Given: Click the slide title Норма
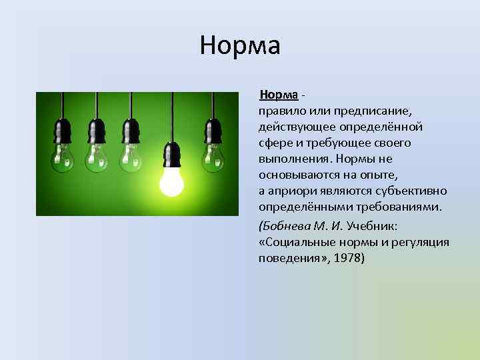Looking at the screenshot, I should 240,45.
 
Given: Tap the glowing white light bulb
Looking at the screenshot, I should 171,181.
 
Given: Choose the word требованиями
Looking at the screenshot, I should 401,207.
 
